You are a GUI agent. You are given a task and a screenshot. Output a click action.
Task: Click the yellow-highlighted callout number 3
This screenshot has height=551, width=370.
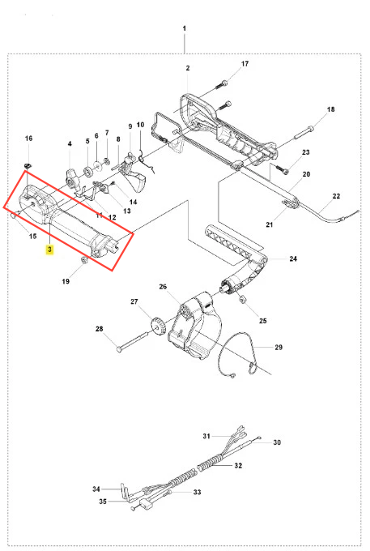[50, 250]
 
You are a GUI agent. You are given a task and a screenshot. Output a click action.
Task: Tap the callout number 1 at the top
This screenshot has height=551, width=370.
[185, 28]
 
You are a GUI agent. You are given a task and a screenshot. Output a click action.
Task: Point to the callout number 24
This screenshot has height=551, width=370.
[293, 258]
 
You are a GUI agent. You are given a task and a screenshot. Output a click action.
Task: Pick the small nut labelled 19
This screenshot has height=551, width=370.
[84, 260]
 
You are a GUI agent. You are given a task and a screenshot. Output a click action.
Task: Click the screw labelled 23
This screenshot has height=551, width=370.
[283, 170]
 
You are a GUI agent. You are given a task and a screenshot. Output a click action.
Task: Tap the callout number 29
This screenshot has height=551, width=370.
[279, 347]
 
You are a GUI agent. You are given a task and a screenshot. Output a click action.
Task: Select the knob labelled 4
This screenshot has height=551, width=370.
[73, 179]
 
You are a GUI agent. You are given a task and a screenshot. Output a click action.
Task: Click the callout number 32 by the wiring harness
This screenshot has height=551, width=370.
[238, 466]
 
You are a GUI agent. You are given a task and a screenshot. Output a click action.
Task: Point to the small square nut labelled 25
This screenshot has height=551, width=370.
[242, 300]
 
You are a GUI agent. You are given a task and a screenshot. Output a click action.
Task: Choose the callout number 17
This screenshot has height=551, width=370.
[245, 63]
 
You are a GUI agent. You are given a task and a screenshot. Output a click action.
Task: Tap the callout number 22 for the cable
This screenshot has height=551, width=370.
[336, 196]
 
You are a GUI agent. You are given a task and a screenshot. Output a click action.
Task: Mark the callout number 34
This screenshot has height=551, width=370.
[96, 489]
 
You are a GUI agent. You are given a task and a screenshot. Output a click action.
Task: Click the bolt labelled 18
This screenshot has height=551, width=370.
[304, 132]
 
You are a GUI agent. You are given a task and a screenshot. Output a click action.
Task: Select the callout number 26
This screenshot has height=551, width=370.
[163, 287]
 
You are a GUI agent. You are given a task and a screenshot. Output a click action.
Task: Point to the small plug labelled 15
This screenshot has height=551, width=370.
[14, 216]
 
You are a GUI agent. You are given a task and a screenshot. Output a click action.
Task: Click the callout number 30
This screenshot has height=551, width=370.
[277, 442]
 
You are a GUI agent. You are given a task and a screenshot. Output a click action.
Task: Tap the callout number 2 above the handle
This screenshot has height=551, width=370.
[188, 68]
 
